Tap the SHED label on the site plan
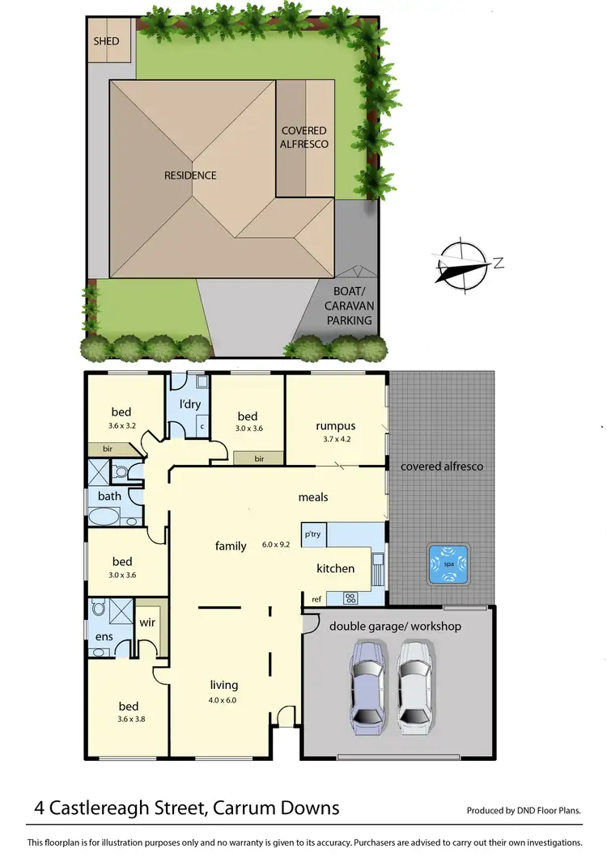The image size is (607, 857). point(106,41)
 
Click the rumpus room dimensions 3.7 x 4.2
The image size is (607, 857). point(336,440)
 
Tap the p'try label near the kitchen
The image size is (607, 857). point(312,534)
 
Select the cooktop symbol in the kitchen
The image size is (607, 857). point(351,598)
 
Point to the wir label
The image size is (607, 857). point(147,623)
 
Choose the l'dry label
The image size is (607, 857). point(189,403)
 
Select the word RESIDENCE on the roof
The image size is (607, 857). point(190,175)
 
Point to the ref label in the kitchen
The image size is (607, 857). point(316,599)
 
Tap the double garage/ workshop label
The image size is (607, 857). point(395,626)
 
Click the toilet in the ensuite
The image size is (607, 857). point(99,608)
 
